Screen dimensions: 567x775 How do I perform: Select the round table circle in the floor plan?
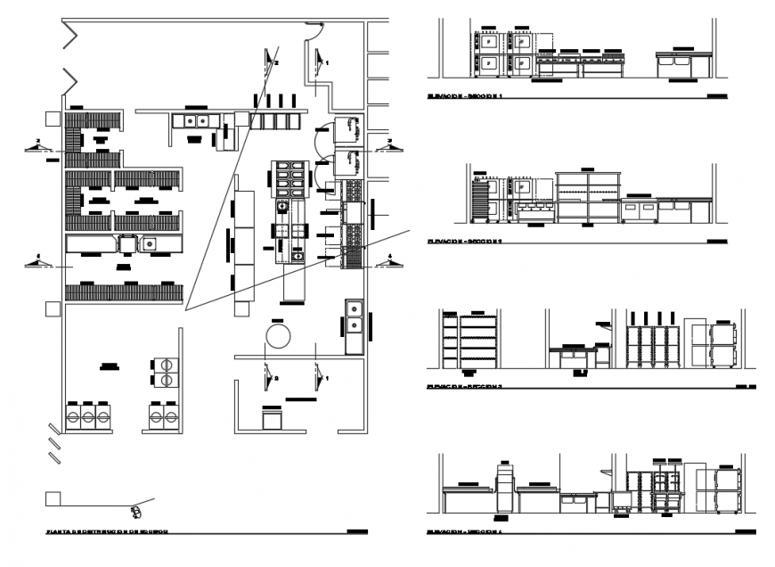pos(279,336)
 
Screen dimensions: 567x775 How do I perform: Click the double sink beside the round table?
pos(354,325)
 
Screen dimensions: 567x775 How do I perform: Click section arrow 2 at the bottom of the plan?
pos(268,378)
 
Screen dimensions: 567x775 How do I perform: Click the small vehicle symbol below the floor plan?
pos(135,511)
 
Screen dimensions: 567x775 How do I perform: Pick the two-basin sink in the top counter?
pos(196,120)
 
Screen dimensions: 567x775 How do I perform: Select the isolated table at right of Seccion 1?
pos(682,65)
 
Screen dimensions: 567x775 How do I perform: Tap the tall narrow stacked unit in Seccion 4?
pos(505,490)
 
